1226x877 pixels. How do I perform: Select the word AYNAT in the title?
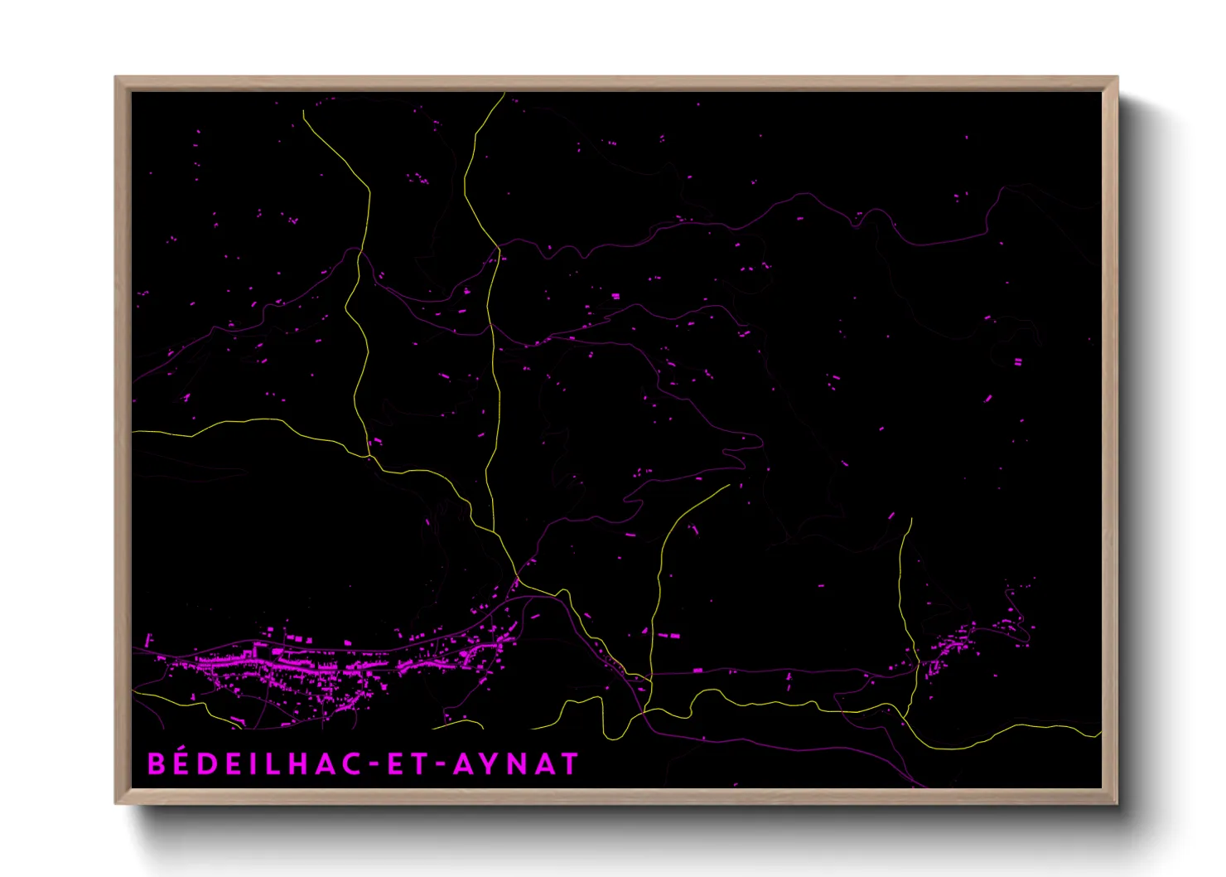(x=514, y=763)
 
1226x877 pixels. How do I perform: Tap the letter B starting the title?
(x=156, y=763)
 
